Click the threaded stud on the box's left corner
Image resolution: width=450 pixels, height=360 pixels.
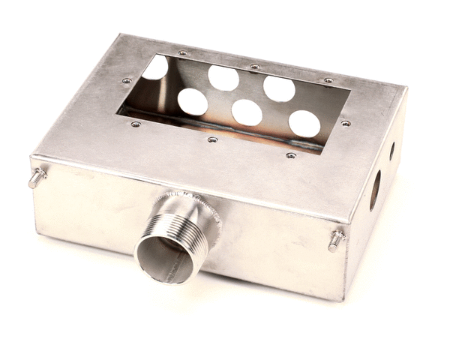[x=37, y=178]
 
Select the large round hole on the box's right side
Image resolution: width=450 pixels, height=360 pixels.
[x=375, y=189]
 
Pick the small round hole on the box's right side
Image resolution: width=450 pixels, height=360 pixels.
[x=391, y=151]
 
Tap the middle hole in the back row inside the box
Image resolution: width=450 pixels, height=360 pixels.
[x=223, y=78]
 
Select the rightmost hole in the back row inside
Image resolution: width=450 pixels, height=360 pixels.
[x=279, y=88]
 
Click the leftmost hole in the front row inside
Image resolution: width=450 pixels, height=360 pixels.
[x=193, y=101]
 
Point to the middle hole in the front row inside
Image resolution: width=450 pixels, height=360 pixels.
[x=247, y=112]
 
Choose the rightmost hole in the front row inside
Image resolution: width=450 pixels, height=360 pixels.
[x=304, y=124]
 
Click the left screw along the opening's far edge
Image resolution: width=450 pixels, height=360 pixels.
[x=183, y=53]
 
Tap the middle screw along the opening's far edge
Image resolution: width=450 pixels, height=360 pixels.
[x=255, y=67]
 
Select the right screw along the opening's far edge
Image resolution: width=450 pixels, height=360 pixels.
[x=328, y=80]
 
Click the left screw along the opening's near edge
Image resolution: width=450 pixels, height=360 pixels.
[x=135, y=124]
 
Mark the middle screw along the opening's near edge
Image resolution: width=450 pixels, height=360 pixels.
[x=213, y=139]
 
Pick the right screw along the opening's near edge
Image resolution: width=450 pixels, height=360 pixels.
[x=291, y=156]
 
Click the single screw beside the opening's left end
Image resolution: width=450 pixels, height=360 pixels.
[x=126, y=81]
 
